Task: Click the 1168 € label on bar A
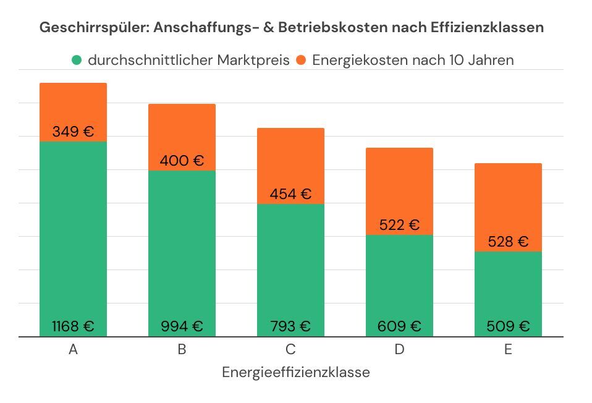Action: pos(73,326)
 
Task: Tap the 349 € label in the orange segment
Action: pos(73,132)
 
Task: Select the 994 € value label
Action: pos(182,326)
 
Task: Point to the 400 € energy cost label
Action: pos(182,161)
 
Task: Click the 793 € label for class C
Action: pos(290,326)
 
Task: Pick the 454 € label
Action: pos(290,193)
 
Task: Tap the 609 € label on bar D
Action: pos(399,326)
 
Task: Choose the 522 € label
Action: pos(399,225)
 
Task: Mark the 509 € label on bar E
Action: pos(508,326)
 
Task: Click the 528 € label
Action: pos(508,242)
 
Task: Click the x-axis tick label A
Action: pos(73,349)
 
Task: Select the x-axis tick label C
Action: pos(290,349)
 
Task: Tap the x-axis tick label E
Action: pos(508,349)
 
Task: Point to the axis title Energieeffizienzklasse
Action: pos(295,372)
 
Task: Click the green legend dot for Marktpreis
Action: pos(77,61)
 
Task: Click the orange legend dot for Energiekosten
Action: pos(301,61)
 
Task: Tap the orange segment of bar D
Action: pos(399,185)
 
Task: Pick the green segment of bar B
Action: pos(182,247)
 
